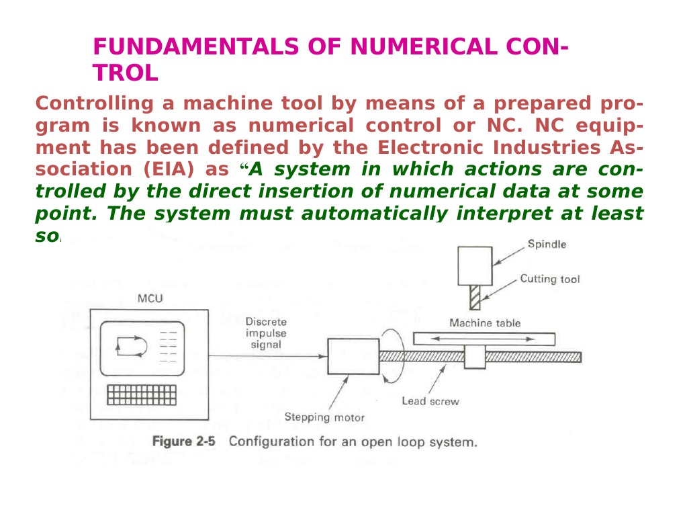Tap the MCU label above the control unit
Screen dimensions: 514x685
[x=150, y=298]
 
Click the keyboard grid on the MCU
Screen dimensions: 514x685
[x=141, y=394]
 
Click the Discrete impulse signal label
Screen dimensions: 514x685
[x=265, y=333]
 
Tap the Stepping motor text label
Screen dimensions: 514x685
[x=324, y=417]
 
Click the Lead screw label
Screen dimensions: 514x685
[x=430, y=401]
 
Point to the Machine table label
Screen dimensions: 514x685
[x=484, y=323]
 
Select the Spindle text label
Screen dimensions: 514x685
[x=546, y=244]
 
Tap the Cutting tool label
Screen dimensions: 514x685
[x=550, y=279]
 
